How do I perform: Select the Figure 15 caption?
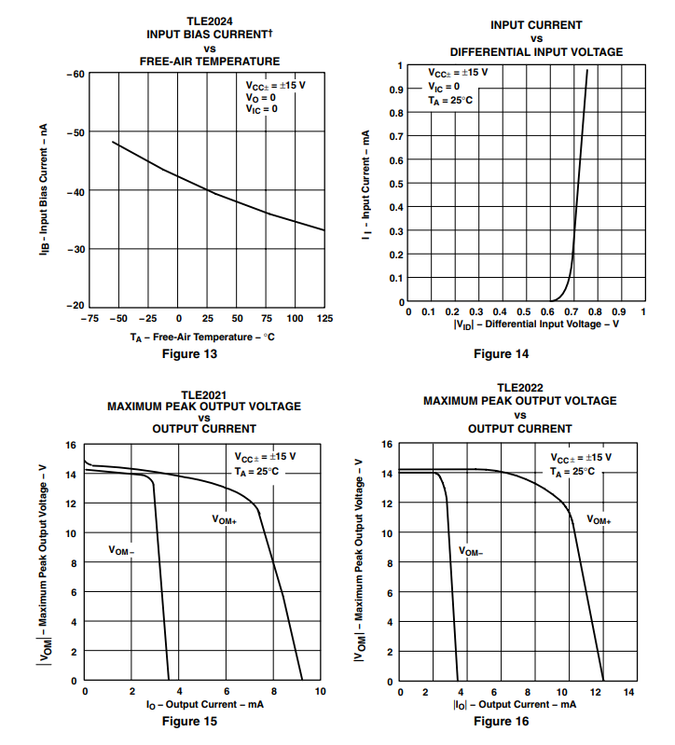click(189, 721)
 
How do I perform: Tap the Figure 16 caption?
click(500, 721)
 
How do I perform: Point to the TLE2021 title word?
click(204, 394)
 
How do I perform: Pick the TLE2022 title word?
click(519, 388)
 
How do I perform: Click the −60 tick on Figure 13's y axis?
click(75, 74)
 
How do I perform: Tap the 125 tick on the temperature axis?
click(324, 318)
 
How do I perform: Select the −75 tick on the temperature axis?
click(90, 318)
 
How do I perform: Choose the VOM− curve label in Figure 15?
click(122, 551)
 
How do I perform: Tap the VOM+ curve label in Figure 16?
click(599, 520)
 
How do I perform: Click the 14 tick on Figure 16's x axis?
click(628, 692)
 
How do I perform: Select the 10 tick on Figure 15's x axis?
click(320, 691)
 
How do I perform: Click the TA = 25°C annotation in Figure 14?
click(450, 100)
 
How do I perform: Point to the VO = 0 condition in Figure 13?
click(255, 97)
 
